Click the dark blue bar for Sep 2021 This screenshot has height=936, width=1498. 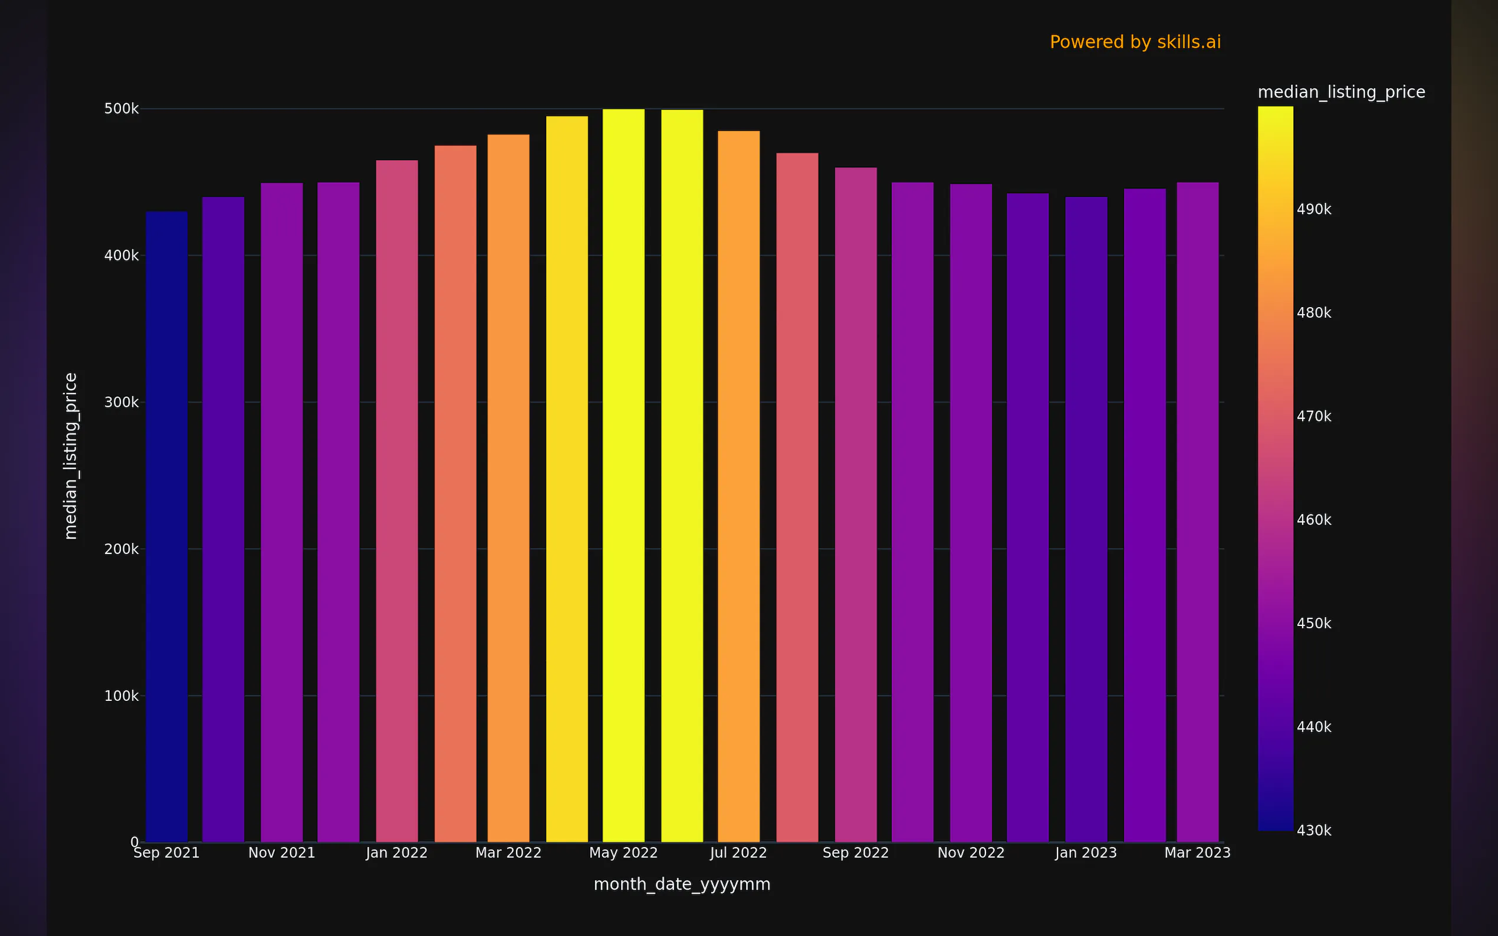(166, 526)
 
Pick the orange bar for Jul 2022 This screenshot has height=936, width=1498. (738, 486)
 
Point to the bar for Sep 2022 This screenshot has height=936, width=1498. (855, 505)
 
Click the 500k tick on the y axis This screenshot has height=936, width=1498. (121, 109)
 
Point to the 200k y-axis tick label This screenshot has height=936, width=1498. (121, 549)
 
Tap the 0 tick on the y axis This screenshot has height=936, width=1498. (134, 842)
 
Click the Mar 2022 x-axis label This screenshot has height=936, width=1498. (508, 853)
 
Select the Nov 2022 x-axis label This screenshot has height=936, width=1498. (970, 853)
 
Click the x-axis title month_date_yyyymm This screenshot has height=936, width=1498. (682, 884)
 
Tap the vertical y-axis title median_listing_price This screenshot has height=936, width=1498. (71, 456)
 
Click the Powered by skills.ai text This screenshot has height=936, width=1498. (1135, 42)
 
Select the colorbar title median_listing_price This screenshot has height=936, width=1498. (1341, 92)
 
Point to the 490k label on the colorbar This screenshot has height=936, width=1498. (1313, 209)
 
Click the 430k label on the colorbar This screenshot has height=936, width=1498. (1313, 830)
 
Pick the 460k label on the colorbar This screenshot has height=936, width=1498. (1313, 520)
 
